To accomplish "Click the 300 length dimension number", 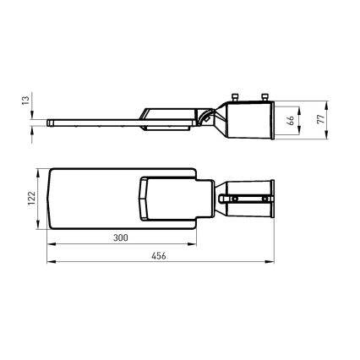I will click(x=121, y=238).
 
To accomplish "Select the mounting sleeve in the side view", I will click(x=251, y=120).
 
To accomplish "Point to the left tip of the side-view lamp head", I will click(x=52, y=123).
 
